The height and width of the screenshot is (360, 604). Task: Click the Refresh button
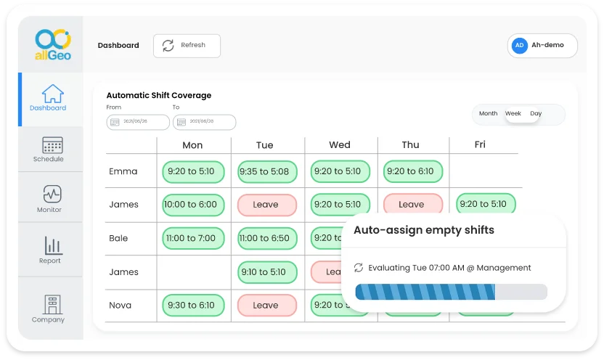tap(187, 45)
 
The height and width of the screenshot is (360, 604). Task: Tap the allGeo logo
tap(53, 45)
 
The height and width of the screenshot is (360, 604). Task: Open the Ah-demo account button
tap(542, 45)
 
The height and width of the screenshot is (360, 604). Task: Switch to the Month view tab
tap(489, 114)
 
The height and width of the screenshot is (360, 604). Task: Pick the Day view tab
tap(536, 114)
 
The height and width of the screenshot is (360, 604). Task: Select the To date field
tap(204, 122)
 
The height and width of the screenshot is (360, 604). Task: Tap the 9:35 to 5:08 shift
tap(265, 172)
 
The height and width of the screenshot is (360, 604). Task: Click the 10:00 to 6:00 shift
tap(190, 205)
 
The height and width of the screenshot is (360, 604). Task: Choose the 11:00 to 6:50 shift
tap(265, 238)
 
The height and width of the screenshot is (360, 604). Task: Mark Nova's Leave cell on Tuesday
tap(265, 306)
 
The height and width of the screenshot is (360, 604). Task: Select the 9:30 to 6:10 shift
tap(190, 306)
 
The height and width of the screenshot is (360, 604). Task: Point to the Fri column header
tap(480, 144)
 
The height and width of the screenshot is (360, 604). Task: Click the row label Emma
tap(123, 172)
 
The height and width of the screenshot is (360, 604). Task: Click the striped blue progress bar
tap(450, 292)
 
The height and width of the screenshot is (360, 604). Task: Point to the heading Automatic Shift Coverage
tap(158, 95)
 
